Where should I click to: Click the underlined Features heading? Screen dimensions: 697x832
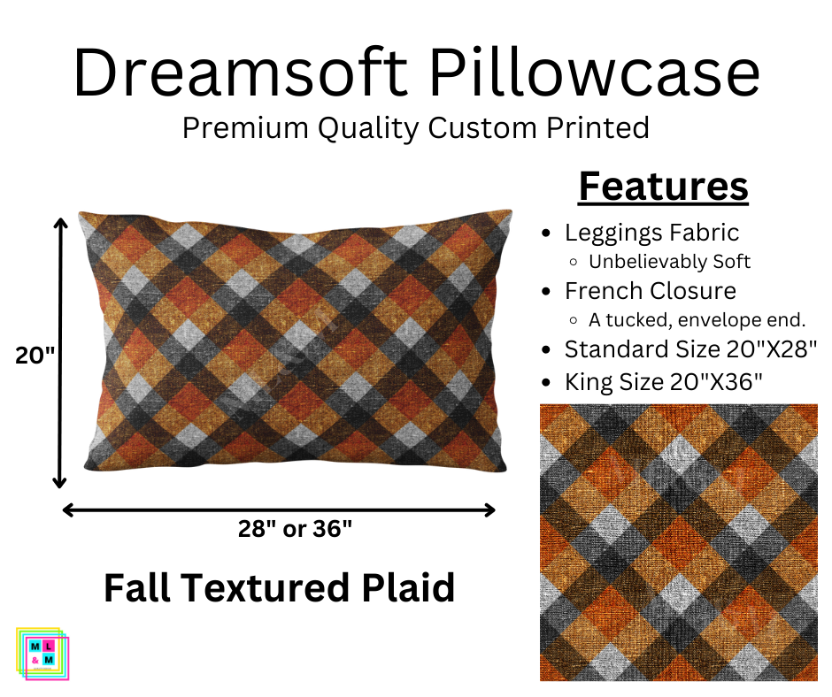point(663,187)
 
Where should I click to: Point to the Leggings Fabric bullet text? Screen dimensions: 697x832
point(651,233)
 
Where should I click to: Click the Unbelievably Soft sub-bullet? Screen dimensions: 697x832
point(669,262)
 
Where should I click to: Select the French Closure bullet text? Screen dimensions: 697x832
point(651,290)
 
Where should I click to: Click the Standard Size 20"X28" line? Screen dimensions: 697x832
point(691,348)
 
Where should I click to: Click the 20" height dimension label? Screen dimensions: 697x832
point(35,356)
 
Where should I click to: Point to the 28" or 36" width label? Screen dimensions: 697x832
point(295,529)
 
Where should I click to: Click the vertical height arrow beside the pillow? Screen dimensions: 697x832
point(60,354)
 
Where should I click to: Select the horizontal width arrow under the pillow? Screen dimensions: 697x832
point(279,509)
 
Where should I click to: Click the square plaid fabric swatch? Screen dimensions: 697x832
point(679,542)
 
